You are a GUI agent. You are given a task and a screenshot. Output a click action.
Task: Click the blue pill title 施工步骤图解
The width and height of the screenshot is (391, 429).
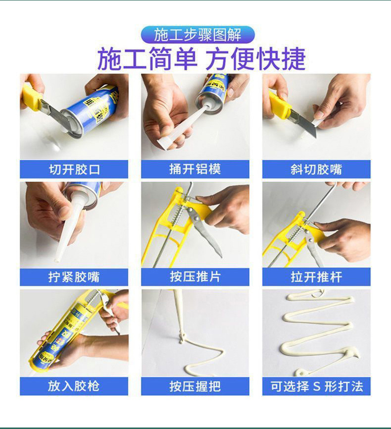(x=197, y=35)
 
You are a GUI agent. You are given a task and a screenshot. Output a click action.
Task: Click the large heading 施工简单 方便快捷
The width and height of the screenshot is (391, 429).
(x=201, y=58)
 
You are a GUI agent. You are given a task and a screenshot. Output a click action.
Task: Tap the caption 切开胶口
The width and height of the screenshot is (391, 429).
(x=74, y=169)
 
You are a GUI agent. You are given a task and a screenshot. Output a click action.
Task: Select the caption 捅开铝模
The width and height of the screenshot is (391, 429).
(x=195, y=169)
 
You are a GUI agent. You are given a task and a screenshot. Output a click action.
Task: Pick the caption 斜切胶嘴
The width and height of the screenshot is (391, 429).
(x=316, y=169)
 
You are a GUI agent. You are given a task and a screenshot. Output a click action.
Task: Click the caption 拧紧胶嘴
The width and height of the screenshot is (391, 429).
(x=74, y=277)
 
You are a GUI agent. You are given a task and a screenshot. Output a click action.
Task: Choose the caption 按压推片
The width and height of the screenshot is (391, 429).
(x=195, y=276)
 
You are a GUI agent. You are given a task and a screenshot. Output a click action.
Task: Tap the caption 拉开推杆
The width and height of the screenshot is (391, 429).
(x=316, y=277)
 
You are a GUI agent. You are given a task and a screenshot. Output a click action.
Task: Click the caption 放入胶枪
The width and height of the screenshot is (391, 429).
(x=74, y=386)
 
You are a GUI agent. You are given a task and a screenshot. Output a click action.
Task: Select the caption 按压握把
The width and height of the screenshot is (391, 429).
(x=195, y=386)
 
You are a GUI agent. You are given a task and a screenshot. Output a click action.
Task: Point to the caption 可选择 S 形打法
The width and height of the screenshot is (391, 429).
(x=317, y=386)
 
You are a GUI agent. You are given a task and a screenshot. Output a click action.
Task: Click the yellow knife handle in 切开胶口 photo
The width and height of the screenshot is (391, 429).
(x=32, y=97)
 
